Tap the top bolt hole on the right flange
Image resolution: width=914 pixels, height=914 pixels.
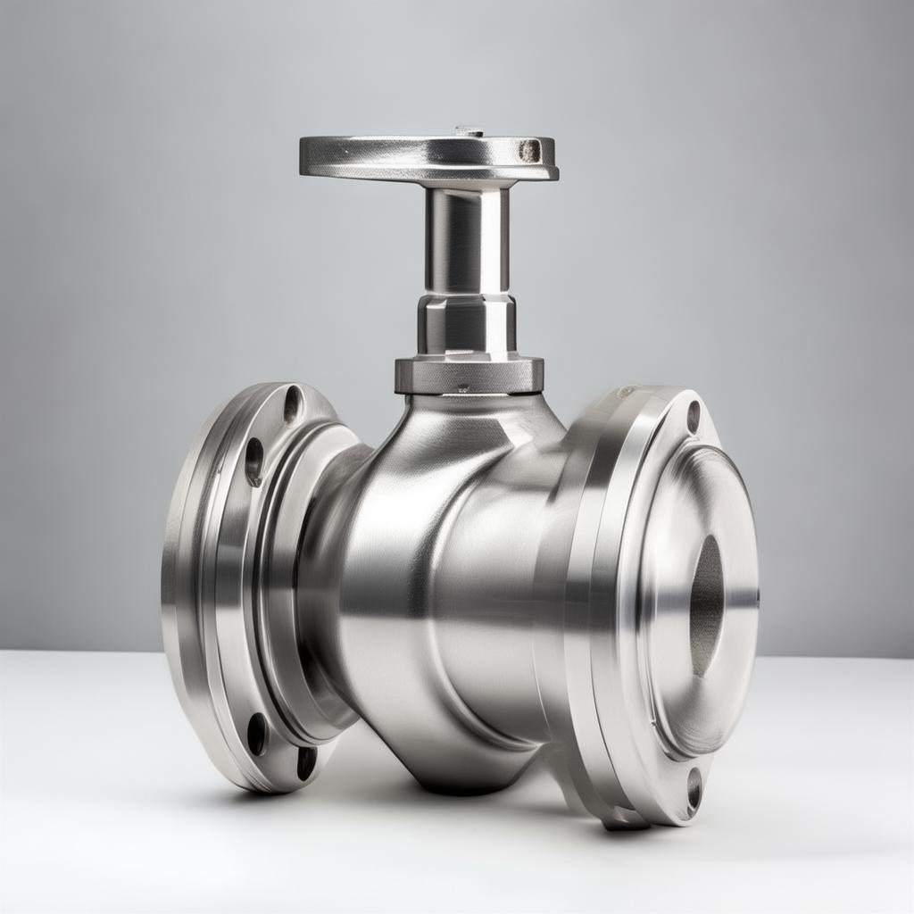[x=694, y=417]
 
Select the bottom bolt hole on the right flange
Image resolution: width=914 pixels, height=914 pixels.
[x=694, y=788]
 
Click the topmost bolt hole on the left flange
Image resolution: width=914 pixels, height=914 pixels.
[x=292, y=404]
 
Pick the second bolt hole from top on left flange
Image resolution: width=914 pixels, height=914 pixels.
[x=254, y=461]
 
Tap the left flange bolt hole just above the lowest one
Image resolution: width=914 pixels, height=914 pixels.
[x=257, y=733]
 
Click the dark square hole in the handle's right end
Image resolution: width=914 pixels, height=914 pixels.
[x=529, y=150]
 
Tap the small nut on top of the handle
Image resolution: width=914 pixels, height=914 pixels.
[x=469, y=131]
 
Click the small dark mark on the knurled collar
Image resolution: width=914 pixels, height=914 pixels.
[x=461, y=388]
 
